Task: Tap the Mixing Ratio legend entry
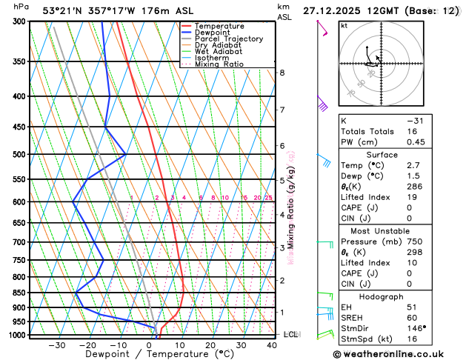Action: click(219, 64)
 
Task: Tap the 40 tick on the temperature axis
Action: click(272, 345)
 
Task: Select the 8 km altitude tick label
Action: click(282, 73)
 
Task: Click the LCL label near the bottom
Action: click(290, 335)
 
